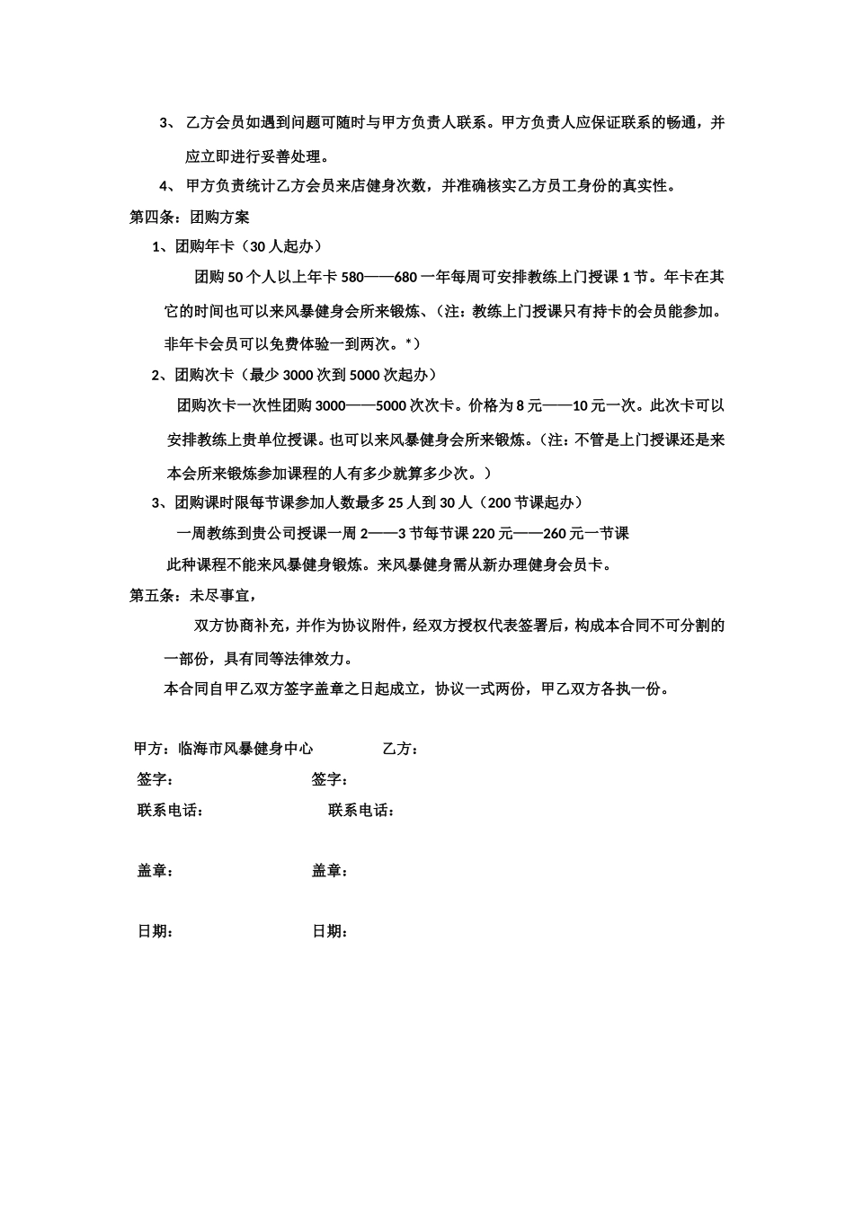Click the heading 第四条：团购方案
pyautogui.click(x=190, y=217)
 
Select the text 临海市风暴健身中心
pyautogui.click(x=245, y=748)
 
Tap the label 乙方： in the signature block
pyautogui.click(x=400, y=748)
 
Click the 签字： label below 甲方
pyautogui.click(x=155, y=779)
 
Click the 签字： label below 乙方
pyautogui.click(x=330, y=779)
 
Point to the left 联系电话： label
pyautogui.click(x=171, y=810)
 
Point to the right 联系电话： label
pyautogui.click(x=362, y=810)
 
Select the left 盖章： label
pyautogui.click(x=155, y=870)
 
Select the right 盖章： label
pyautogui.click(x=330, y=870)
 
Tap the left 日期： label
pyautogui.click(x=155, y=931)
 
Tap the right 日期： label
pyautogui.click(x=330, y=931)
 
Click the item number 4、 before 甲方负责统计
pyautogui.click(x=167, y=186)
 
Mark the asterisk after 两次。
pyautogui.click(x=408, y=342)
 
